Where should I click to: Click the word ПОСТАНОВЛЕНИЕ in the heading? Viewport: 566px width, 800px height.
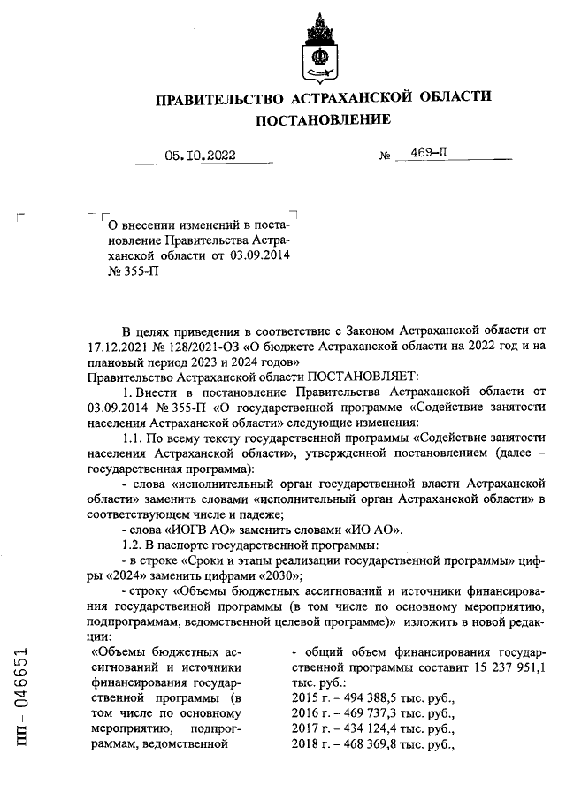pyautogui.click(x=322, y=119)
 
